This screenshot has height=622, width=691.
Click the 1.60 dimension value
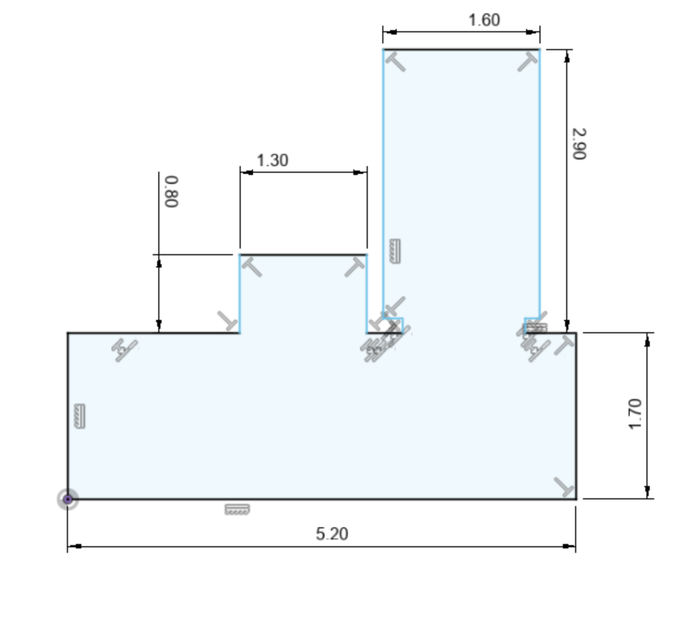click(484, 20)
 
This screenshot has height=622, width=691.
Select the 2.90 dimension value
click(579, 144)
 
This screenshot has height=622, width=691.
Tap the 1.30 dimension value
click(272, 161)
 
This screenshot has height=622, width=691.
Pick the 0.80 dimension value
click(172, 192)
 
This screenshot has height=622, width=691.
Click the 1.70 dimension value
click(635, 414)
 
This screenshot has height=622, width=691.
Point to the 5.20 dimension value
click(332, 534)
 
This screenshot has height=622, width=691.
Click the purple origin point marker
click(68, 499)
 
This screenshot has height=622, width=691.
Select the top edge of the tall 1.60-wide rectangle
click(461, 50)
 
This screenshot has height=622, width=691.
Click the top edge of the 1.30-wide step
click(303, 255)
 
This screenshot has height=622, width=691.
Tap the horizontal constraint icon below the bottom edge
click(237, 509)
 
